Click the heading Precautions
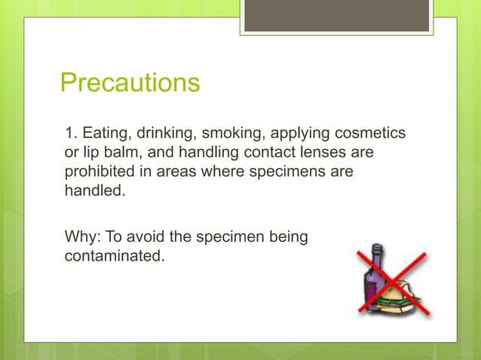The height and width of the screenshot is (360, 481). coord(130,82)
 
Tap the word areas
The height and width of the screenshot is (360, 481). coord(182,172)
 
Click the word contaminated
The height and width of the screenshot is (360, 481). coord(113,256)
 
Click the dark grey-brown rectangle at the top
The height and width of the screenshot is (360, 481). coord(336,16)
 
